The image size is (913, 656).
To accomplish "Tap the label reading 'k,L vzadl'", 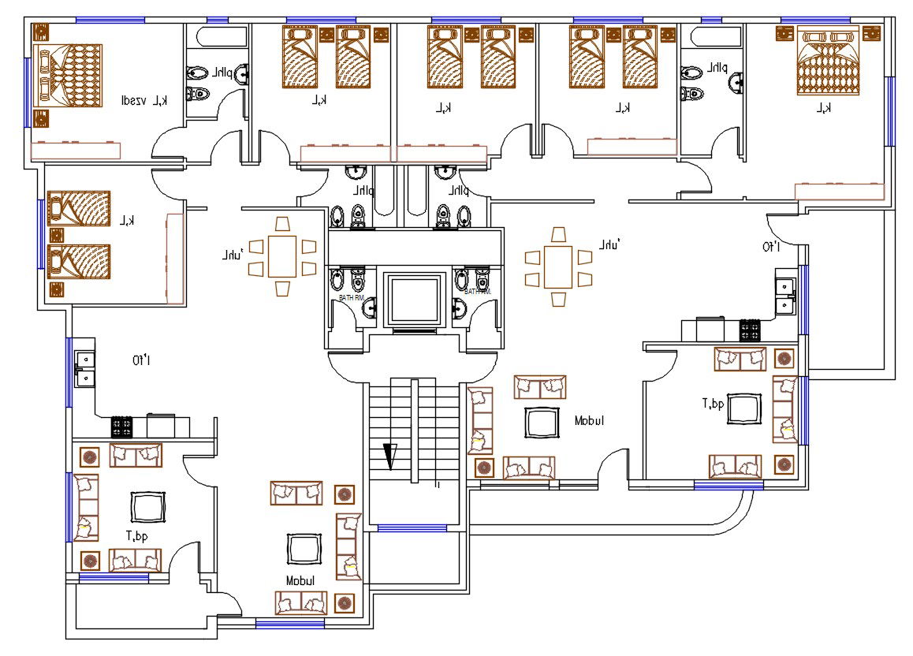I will [x=144, y=100].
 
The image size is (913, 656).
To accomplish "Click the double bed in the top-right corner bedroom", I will [x=828, y=61].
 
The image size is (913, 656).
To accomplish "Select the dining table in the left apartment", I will [x=282, y=257].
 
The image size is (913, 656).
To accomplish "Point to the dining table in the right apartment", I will [x=558, y=267].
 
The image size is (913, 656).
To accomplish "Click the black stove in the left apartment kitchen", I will [x=122, y=427].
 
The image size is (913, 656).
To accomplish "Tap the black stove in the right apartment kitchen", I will [x=748, y=330].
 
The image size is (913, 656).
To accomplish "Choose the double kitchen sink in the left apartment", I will [x=84, y=368].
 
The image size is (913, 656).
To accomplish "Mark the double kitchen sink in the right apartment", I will [x=784, y=293].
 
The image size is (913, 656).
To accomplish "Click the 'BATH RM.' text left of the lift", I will [x=351, y=297].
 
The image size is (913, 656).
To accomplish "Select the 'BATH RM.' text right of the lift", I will [x=477, y=292].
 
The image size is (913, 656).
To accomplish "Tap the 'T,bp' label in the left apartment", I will [x=138, y=535].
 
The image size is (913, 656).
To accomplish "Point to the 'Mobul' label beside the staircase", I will [x=589, y=421].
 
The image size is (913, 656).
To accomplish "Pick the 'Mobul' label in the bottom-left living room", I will [x=300, y=580].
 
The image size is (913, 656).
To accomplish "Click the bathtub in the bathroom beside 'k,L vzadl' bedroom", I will [x=218, y=36].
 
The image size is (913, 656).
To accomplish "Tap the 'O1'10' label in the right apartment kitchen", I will [x=770, y=248].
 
